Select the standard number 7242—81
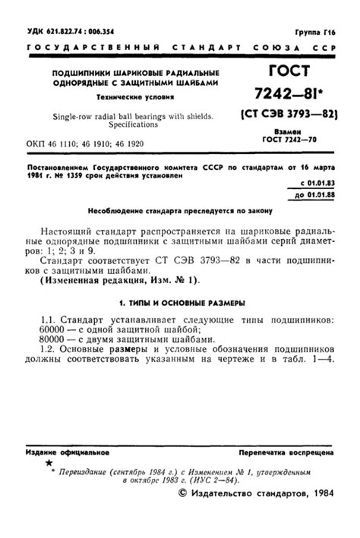tap(287, 96)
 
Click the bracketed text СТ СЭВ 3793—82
tap(288, 116)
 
